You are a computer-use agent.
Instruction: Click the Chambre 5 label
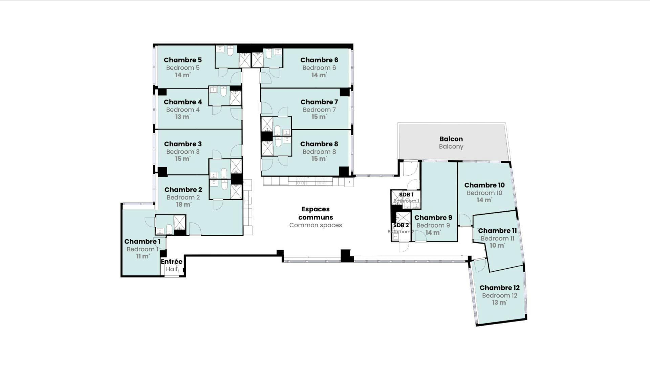click(183, 60)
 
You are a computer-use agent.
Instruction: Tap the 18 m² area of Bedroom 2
click(183, 205)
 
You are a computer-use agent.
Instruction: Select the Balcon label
click(451, 139)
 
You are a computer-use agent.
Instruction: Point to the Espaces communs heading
click(316, 213)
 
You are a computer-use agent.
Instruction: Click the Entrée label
click(172, 262)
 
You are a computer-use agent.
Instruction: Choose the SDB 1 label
click(406, 195)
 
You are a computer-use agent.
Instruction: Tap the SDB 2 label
click(401, 225)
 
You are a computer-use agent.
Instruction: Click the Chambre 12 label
click(500, 288)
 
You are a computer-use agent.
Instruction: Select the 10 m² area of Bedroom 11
click(497, 245)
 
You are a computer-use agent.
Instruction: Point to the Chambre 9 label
click(433, 218)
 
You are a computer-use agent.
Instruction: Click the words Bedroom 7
click(319, 110)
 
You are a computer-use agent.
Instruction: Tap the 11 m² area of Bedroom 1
click(143, 256)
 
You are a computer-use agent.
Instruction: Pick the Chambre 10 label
click(484, 185)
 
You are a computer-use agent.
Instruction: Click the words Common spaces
click(316, 225)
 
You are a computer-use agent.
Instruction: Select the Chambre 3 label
click(183, 144)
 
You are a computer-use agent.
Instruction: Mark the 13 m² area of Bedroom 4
click(183, 117)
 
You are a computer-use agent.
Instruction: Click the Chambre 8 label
click(319, 144)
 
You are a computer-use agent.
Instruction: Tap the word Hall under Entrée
click(172, 269)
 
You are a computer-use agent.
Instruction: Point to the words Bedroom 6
click(319, 68)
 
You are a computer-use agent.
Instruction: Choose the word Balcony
click(451, 147)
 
